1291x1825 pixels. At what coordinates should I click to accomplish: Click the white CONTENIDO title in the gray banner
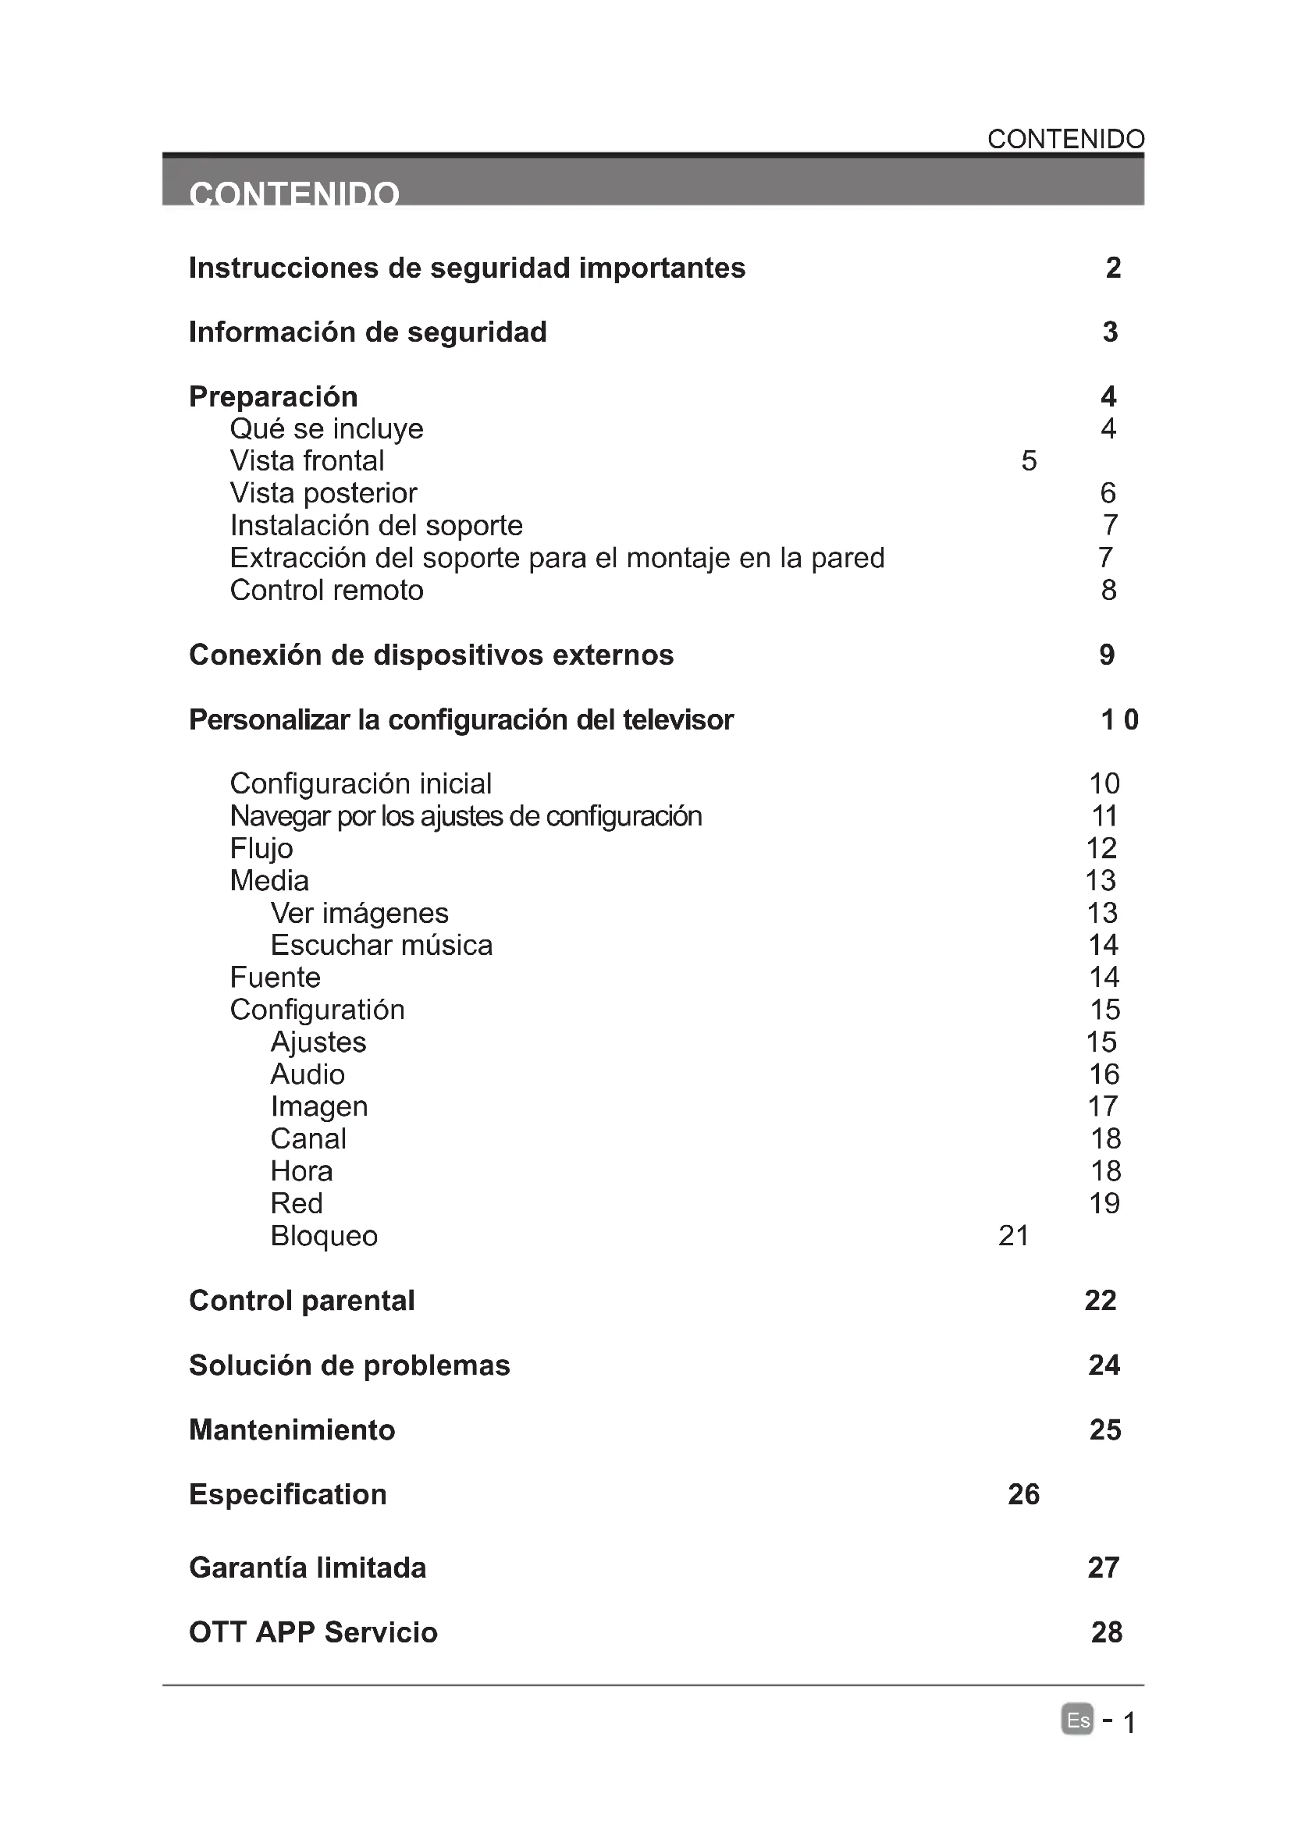pos(294,194)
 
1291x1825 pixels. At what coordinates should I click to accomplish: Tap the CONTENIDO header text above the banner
pos(1065,139)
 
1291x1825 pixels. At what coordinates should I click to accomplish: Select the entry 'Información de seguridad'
pos(368,332)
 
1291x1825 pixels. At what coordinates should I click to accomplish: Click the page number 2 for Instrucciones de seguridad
pos(1113,268)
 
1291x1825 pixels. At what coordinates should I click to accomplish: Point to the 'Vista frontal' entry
pos(307,461)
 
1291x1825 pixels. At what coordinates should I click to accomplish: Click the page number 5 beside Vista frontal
pos(1029,461)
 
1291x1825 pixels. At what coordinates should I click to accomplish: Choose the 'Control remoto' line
pos(327,591)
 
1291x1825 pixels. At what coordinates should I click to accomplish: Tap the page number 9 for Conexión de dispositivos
pos(1107,655)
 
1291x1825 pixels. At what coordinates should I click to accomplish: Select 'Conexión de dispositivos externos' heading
pos(431,655)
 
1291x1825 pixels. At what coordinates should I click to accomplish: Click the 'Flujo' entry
pos(261,849)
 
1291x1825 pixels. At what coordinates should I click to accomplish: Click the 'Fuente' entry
pos(275,978)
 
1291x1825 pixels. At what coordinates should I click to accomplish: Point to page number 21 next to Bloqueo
pos(1014,1236)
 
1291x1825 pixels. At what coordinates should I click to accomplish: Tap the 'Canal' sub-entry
pos(308,1139)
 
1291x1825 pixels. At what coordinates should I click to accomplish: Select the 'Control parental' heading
pos(302,1301)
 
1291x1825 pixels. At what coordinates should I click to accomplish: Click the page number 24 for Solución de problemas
pos(1104,1365)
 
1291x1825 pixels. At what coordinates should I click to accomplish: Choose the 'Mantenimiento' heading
pos(292,1430)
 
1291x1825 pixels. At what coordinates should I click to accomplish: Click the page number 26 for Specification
pos(1023,1495)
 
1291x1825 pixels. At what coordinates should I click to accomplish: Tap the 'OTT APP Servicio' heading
pos(313,1632)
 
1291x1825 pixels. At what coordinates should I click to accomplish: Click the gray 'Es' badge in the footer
pos(1077,1720)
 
